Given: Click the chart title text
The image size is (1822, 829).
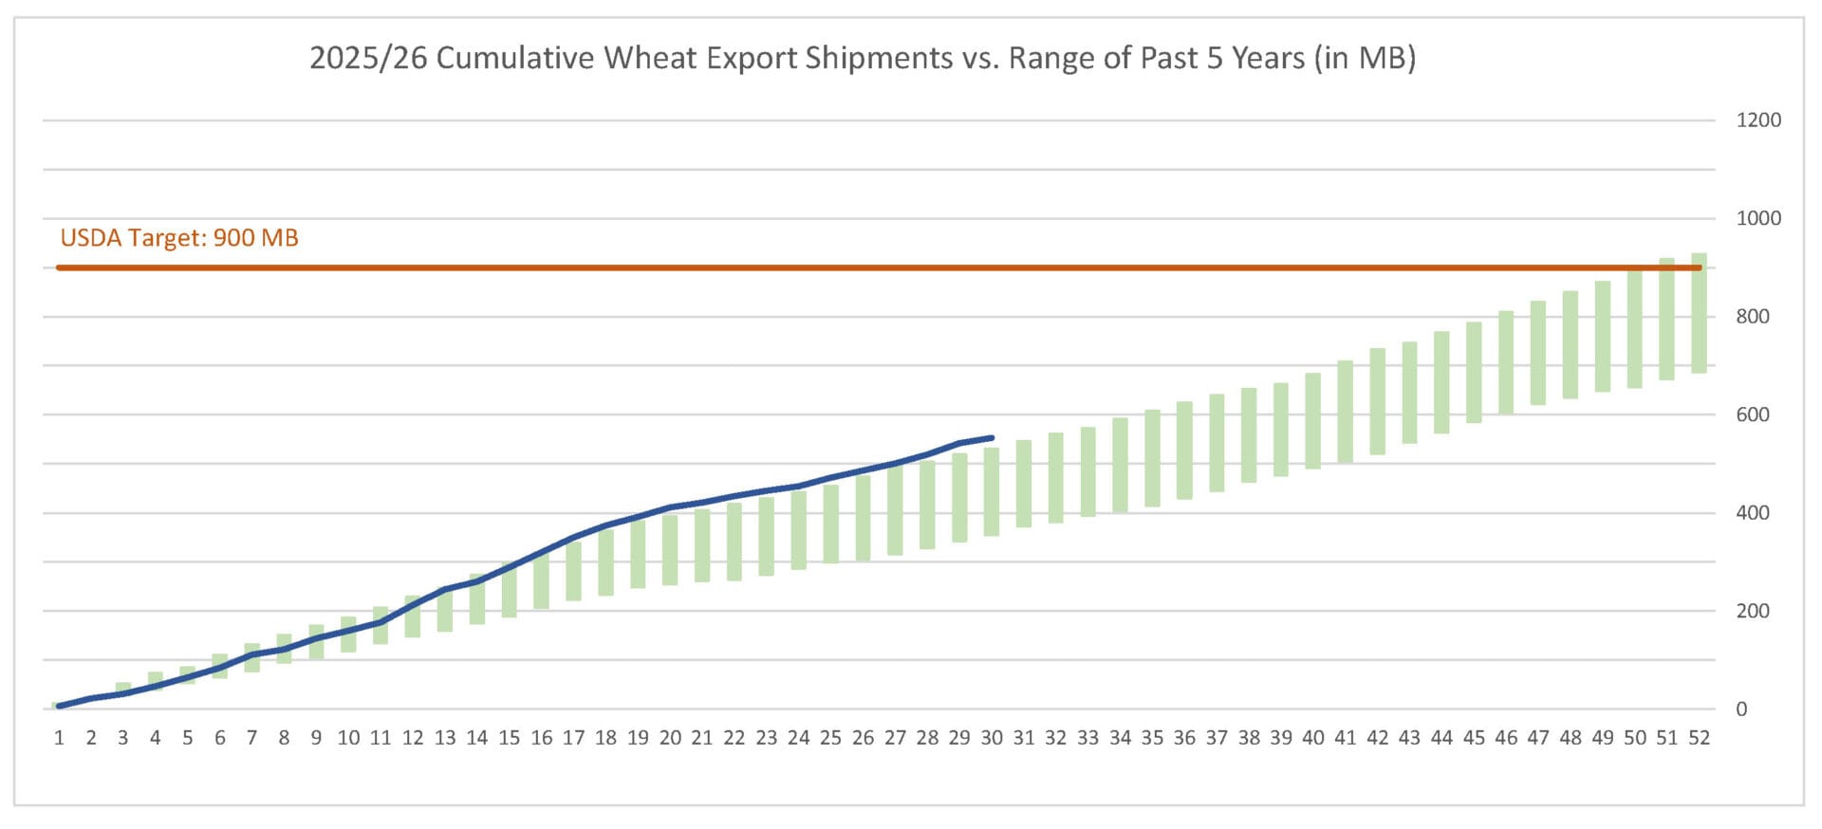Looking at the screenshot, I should pyautogui.click(x=862, y=58).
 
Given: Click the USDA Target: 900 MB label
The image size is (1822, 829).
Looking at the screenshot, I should pyautogui.click(x=179, y=237).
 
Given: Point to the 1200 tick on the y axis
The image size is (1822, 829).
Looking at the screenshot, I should pyautogui.click(x=1757, y=120).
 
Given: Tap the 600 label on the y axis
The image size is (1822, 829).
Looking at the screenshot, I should pyautogui.click(x=1752, y=414).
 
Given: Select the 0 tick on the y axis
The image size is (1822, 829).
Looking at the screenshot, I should pyautogui.click(x=1740, y=709).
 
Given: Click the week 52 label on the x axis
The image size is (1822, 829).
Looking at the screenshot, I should pyautogui.click(x=1699, y=738).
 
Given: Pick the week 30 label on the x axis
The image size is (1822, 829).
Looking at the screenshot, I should pyautogui.click(x=991, y=738).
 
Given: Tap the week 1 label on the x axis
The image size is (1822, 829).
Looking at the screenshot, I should pyautogui.click(x=59, y=738).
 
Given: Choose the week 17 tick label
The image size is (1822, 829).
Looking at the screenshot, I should pyautogui.click(x=573, y=738).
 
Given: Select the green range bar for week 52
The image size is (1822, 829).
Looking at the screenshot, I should pyautogui.click(x=1699, y=313).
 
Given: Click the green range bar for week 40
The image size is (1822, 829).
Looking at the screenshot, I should pyautogui.click(x=1312, y=420).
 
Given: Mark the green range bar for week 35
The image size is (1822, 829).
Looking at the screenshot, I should pyautogui.click(x=1152, y=458).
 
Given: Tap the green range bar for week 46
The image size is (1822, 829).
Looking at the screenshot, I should pyautogui.click(x=1506, y=362).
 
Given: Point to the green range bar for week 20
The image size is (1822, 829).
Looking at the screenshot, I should pyautogui.click(x=670, y=548).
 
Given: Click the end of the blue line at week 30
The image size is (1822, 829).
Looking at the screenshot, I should pyautogui.click(x=992, y=438).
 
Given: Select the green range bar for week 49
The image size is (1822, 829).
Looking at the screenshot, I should pyautogui.click(x=1602, y=337).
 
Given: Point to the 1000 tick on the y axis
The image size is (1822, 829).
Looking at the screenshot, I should pyautogui.click(x=1757, y=218).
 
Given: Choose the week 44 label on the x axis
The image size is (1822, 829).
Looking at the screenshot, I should pyautogui.click(x=1441, y=738).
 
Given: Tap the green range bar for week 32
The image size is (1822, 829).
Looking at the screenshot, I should pyautogui.click(x=1055, y=478).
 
